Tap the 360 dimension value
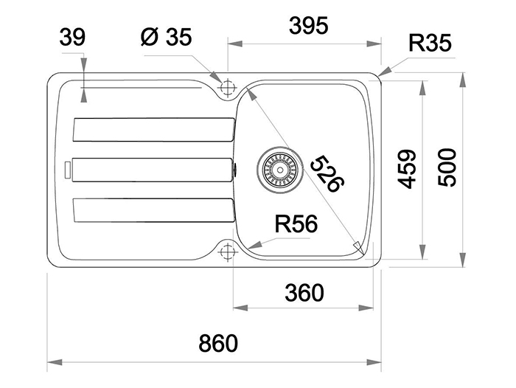[304, 293]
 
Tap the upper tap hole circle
[226, 86]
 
